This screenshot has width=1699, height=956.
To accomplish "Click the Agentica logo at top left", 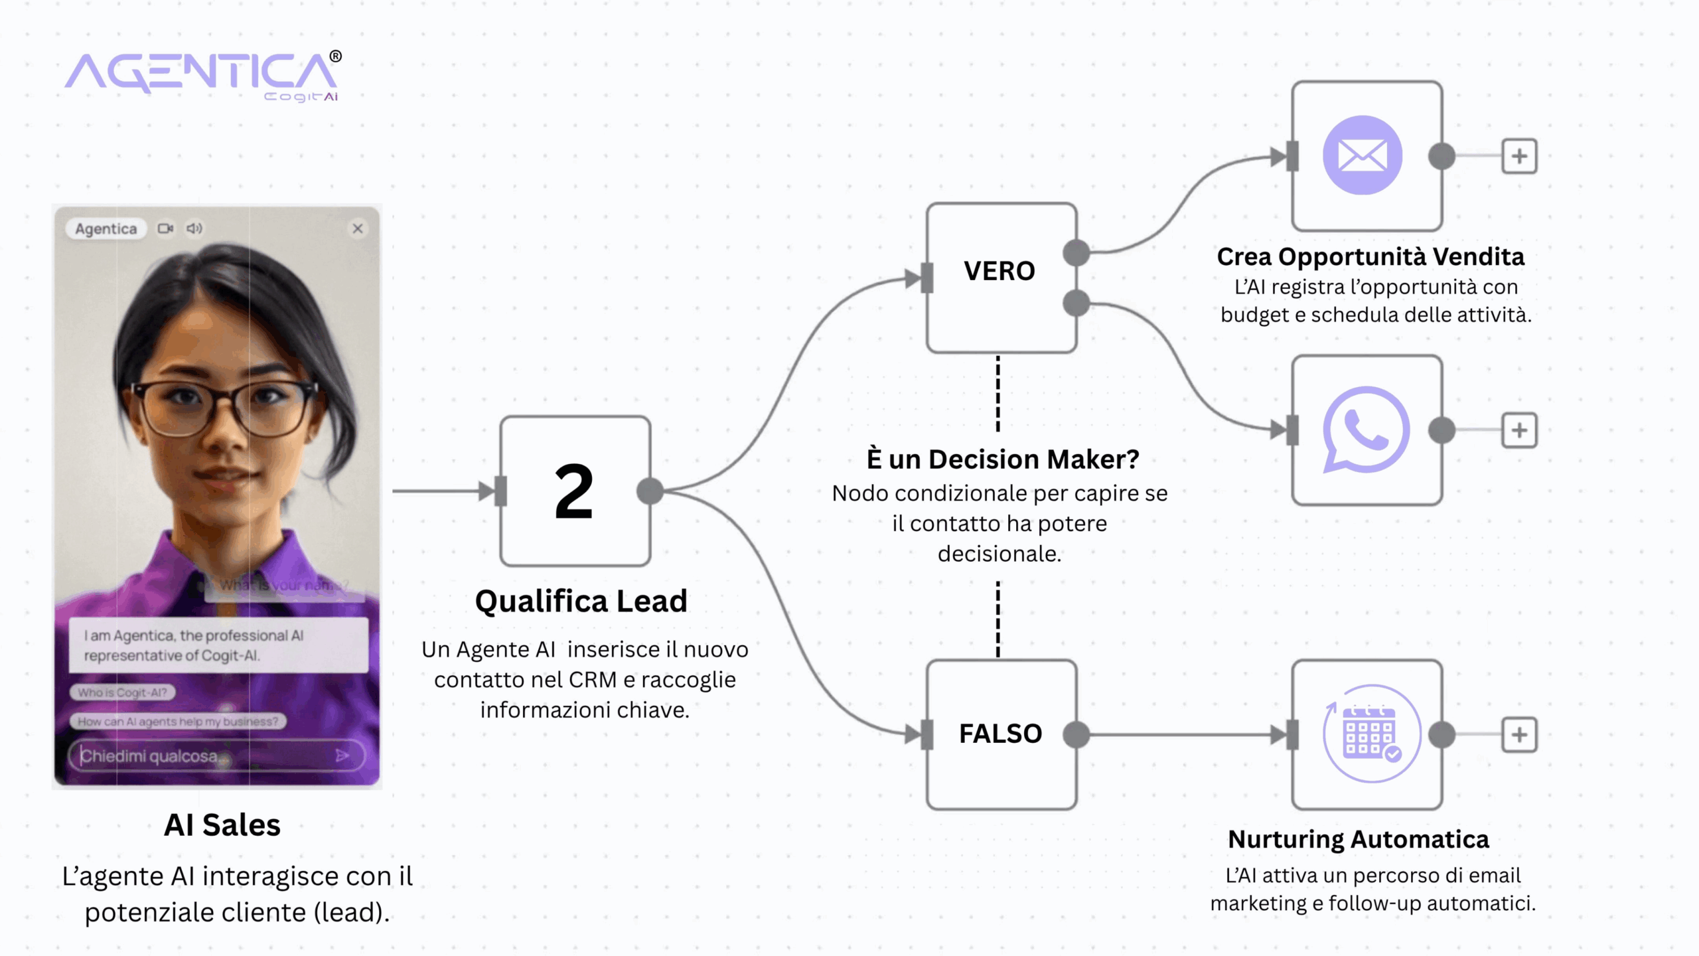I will click(202, 74).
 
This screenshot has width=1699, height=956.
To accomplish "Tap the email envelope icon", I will click(1362, 156).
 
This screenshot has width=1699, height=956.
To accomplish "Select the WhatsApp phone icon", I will click(1366, 430).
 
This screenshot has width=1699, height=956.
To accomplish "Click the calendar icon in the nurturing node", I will click(1370, 734).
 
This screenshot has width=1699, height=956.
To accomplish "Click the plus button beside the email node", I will click(1519, 157).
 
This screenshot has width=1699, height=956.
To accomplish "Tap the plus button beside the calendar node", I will click(1519, 735).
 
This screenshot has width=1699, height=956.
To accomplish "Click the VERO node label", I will click(999, 271).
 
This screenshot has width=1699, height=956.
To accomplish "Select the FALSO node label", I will click(1000, 734).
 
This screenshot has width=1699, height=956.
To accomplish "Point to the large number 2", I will click(574, 491).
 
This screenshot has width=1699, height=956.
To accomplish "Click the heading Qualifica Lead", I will click(581, 601).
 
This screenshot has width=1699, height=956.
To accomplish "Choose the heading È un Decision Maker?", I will click(1003, 459).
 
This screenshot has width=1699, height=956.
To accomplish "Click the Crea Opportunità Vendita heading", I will click(1370, 257).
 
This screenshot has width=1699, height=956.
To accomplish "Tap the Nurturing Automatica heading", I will click(1359, 839).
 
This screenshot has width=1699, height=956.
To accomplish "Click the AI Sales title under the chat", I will click(222, 825).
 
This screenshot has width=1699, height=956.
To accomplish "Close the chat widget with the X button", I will click(358, 228).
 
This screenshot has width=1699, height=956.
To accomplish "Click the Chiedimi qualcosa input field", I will click(199, 756).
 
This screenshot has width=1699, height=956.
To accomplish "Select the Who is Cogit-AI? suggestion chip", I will click(123, 692).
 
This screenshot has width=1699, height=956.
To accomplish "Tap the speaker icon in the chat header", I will click(194, 228).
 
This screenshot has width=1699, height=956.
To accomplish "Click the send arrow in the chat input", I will click(342, 756).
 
